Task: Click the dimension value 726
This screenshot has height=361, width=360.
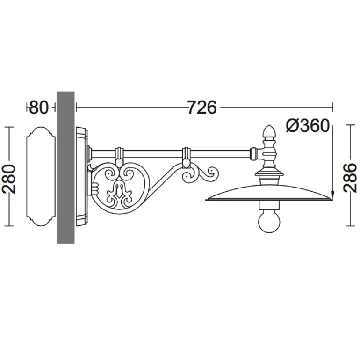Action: pos(202,107)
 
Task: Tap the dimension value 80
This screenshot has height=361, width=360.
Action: pos(39,107)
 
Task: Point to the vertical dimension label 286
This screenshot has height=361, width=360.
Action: pos(350,178)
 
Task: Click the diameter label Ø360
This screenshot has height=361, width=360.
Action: pos(308,126)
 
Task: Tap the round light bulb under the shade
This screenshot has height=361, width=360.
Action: pos(269,221)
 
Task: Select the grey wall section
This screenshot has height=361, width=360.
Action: pos(65,167)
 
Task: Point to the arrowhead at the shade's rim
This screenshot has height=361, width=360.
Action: pos(332,194)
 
